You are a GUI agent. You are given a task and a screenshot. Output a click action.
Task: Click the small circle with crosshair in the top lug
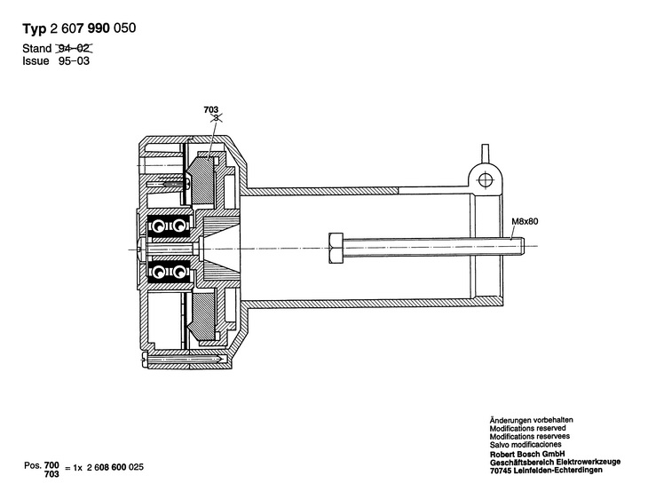click(x=485, y=179)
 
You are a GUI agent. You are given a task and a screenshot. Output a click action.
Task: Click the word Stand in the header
click(x=36, y=49)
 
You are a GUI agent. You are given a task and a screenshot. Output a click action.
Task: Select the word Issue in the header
click(x=36, y=62)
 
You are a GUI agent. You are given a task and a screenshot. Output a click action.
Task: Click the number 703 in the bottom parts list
click(x=52, y=474)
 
